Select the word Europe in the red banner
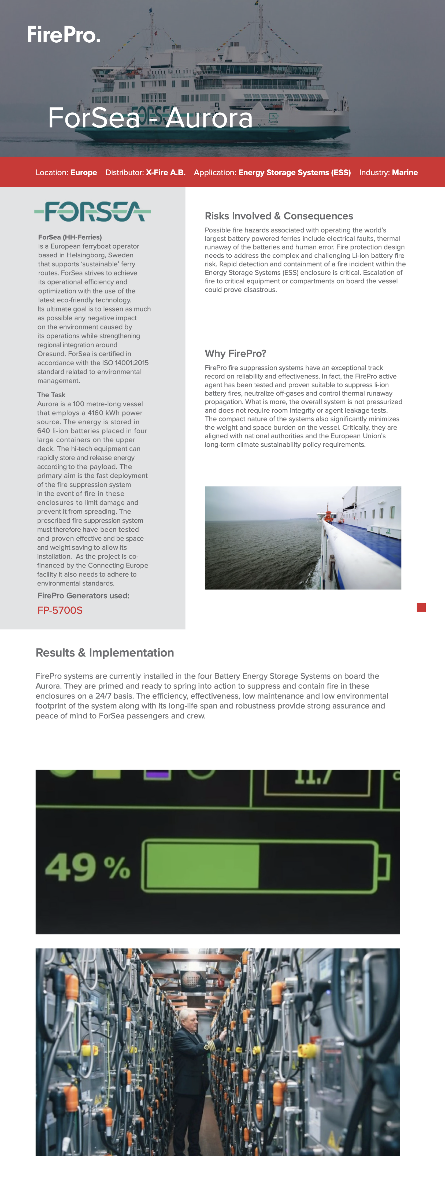(x=83, y=173)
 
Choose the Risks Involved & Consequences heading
(x=279, y=216)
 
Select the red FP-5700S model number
(x=60, y=610)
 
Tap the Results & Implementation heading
(x=105, y=653)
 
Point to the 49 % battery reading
(x=87, y=867)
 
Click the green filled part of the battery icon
(x=202, y=866)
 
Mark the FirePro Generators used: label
(x=83, y=595)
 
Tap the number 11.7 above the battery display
(x=313, y=776)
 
